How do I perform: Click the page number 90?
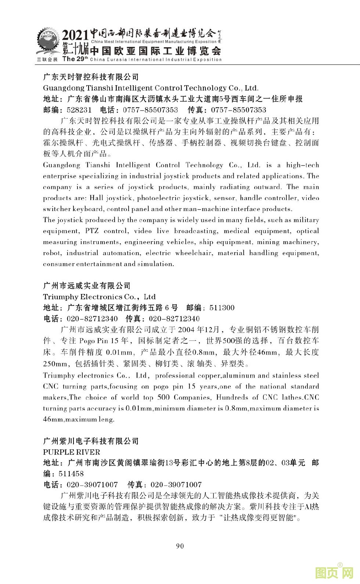[x=180, y=546]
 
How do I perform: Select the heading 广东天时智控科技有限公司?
[x=91, y=77]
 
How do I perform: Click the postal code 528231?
[x=79, y=110]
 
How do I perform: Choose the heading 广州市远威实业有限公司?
[x=87, y=286]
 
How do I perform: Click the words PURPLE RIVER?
[x=71, y=452]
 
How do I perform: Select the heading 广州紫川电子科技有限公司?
[x=91, y=441]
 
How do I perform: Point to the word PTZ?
[x=91, y=231]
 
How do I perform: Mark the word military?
[x=304, y=220]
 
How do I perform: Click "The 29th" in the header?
[x=75, y=59]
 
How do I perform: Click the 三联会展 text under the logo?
[x=47, y=59]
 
